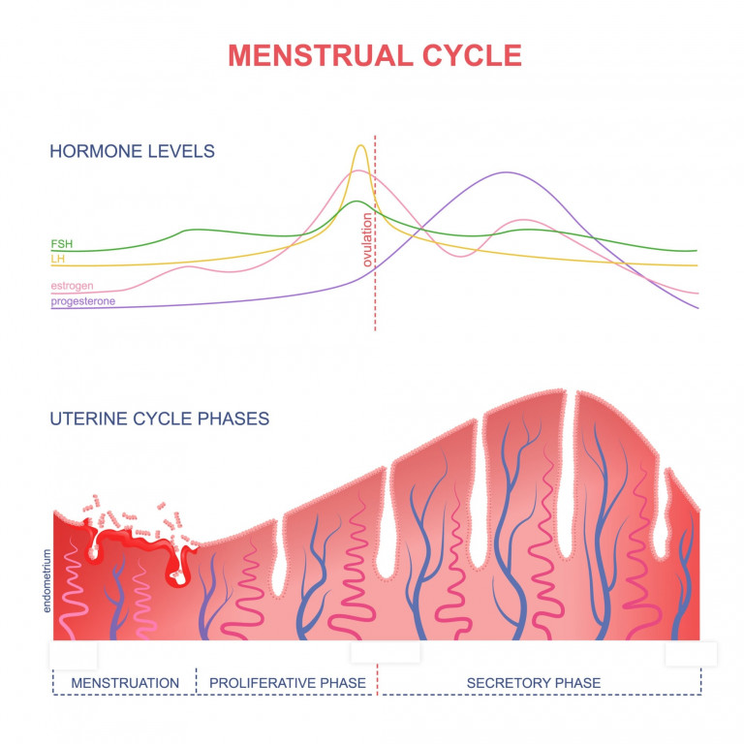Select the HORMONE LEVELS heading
coord(133,151)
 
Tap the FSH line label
coord(61,244)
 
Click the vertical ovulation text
coord(368,241)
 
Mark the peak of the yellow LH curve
coord(361,146)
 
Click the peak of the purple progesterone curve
coord(507,172)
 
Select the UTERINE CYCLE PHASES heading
coord(160,418)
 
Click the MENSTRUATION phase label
coord(125,683)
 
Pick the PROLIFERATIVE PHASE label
coord(288,683)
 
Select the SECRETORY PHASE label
coord(533,683)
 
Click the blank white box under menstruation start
coord(73,654)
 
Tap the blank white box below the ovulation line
coord(386,652)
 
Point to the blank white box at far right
coord(691,654)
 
